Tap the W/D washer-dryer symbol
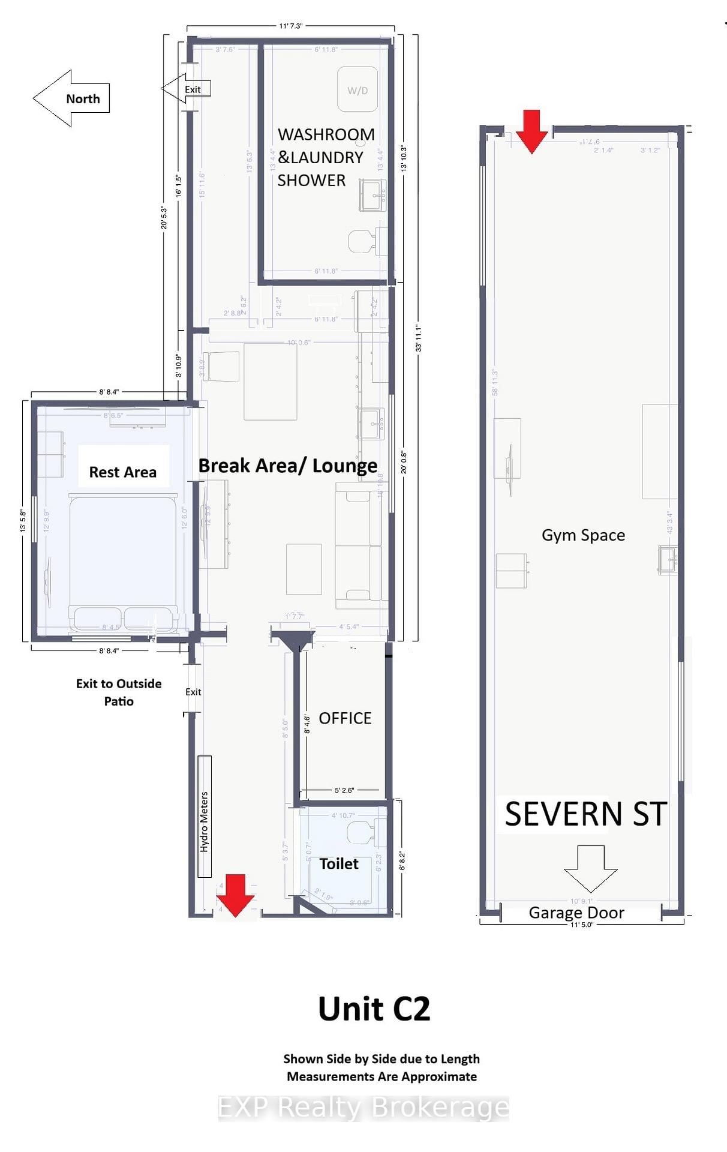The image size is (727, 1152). tap(358, 90)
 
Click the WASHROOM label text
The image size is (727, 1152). tap(326, 134)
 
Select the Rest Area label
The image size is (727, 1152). tap(123, 472)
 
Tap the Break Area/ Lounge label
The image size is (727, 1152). tap(287, 466)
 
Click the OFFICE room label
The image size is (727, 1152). tap(345, 718)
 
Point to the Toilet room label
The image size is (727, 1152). tap(339, 863)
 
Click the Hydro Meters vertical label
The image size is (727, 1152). tap(205, 822)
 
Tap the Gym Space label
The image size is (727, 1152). tap(583, 535)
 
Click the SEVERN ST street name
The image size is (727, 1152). tap(585, 814)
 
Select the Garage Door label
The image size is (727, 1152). tap(576, 913)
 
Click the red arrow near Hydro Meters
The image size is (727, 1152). tap(235, 895)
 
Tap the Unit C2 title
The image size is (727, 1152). tap(374, 1009)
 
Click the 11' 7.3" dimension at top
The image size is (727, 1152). tap(291, 26)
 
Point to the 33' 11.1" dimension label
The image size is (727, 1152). tap(419, 337)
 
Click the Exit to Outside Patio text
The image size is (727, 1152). tap(119, 692)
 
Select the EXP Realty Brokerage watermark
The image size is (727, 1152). tap(363, 1107)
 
